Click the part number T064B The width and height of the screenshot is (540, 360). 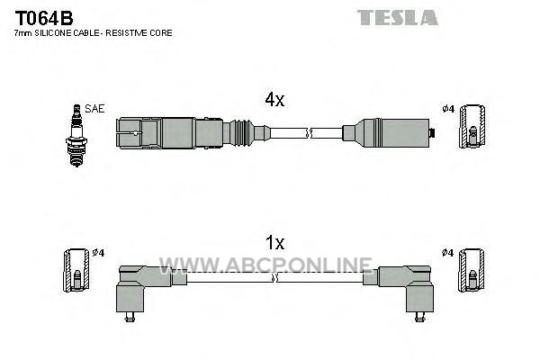[x=44, y=18]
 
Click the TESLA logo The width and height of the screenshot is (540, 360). [x=398, y=18]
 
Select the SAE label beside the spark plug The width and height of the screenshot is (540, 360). [x=94, y=109]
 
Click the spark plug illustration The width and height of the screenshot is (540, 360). [x=76, y=135]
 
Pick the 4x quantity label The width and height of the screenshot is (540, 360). [x=274, y=100]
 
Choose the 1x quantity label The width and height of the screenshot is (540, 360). [x=274, y=243]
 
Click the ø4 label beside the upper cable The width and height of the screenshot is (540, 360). [x=448, y=109]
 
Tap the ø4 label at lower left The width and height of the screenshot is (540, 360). [x=98, y=253]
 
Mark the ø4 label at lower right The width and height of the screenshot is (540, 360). [x=447, y=253]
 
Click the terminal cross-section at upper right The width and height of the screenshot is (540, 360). [x=472, y=126]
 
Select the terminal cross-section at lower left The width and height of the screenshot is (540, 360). [x=76, y=270]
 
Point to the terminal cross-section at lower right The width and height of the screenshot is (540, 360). [x=472, y=270]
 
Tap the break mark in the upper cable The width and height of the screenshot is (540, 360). [x=310, y=133]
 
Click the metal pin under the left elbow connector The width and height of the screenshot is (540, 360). [x=130, y=317]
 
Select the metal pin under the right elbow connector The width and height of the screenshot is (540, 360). [x=419, y=317]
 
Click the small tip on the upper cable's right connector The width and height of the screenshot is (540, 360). [x=432, y=132]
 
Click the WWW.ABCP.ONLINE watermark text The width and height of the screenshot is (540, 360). [x=265, y=265]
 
